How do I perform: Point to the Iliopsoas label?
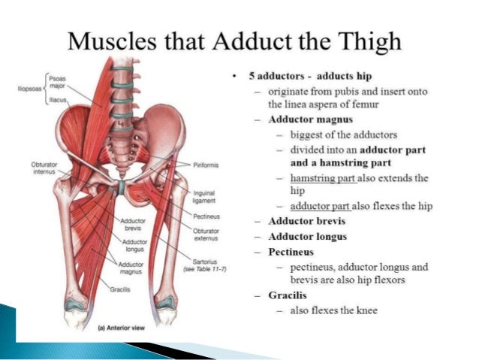tap(29, 89)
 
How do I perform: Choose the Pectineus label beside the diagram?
tap(205, 216)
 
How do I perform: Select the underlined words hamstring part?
tap(320, 177)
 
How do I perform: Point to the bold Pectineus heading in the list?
tap(291, 252)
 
